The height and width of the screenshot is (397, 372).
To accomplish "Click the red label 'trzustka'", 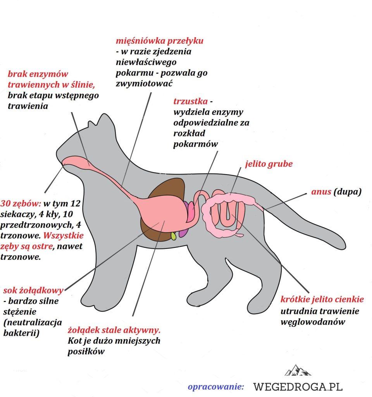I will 189,102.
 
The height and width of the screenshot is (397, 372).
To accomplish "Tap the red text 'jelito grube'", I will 269,164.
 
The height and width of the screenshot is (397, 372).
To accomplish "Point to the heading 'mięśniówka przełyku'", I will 160,41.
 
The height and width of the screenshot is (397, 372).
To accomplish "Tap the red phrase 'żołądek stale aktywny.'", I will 114,331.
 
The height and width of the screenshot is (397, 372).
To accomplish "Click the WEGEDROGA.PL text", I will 298,387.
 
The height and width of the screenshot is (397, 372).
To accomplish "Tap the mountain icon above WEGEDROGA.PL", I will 298,370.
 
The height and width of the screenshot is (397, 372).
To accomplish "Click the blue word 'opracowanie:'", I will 215,387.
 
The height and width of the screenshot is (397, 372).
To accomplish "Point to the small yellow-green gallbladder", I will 173,235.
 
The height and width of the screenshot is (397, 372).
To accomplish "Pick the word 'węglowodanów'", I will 312,322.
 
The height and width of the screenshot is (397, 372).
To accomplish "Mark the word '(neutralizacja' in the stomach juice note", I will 32,322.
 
